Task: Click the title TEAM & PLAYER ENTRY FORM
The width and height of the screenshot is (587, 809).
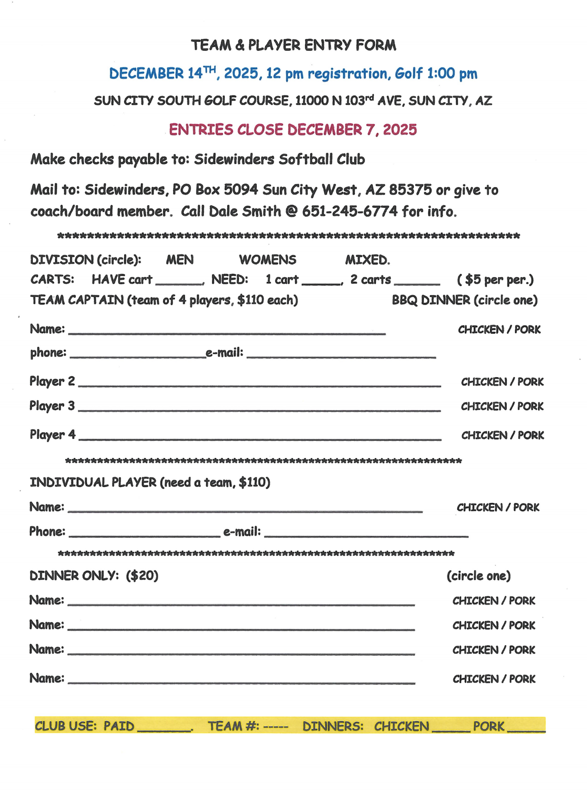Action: pyautogui.click(x=293, y=46)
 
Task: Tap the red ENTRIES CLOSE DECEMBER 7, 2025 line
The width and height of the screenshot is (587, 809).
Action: pyautogui.click(x=293, y=130)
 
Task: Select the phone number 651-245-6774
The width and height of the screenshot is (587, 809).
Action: pyautogui.click(x=350, y=211)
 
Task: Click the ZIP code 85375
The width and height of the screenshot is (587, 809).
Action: pyautogui.click(x=410, y=190)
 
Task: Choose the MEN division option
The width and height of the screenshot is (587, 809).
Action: pyautogui.click(x=180, y=260)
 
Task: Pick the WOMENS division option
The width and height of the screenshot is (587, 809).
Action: pyautogui.click(x=268, y=260)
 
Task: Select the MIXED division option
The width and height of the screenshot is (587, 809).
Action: pyautogui.click(x=367, y=260)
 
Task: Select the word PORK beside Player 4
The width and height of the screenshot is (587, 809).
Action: pyautogui.click(x=531, y=435)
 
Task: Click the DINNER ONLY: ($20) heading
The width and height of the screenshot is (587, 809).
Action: pyautogui.click(x=94, y=576)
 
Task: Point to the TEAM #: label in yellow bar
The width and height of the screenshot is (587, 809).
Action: pyautogui.click(x=233, y=727)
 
